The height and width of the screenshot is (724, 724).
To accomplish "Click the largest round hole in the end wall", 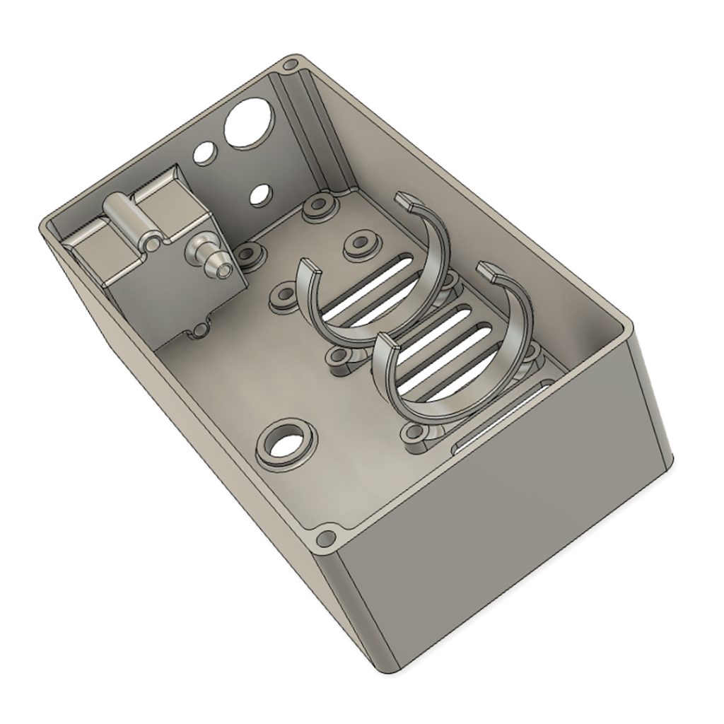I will point(247,123).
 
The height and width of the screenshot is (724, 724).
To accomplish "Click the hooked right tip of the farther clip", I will point(406,201).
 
